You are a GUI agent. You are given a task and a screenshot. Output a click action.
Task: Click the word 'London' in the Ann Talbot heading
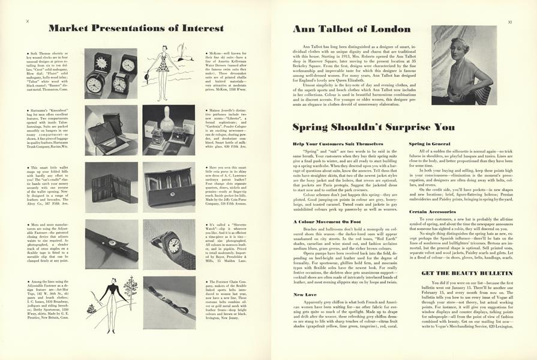[x=389, y=29]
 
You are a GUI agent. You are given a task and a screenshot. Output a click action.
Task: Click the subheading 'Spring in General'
[x=430, y=144]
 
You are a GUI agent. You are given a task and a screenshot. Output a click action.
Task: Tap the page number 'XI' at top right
[x=509, y=21]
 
